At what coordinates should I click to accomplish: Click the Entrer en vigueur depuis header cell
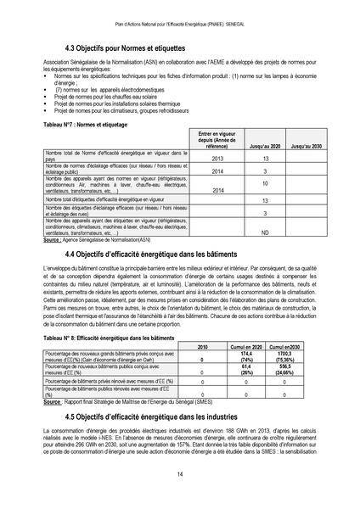[x=217, y=140]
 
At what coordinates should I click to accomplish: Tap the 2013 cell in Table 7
[x=217, y=159]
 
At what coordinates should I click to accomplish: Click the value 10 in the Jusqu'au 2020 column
[x=265, y=182]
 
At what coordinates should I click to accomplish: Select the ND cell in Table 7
[x=265, y=232]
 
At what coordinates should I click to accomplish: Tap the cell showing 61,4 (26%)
[x=248, y=370]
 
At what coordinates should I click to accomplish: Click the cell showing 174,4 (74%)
[x=248, y=358]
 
